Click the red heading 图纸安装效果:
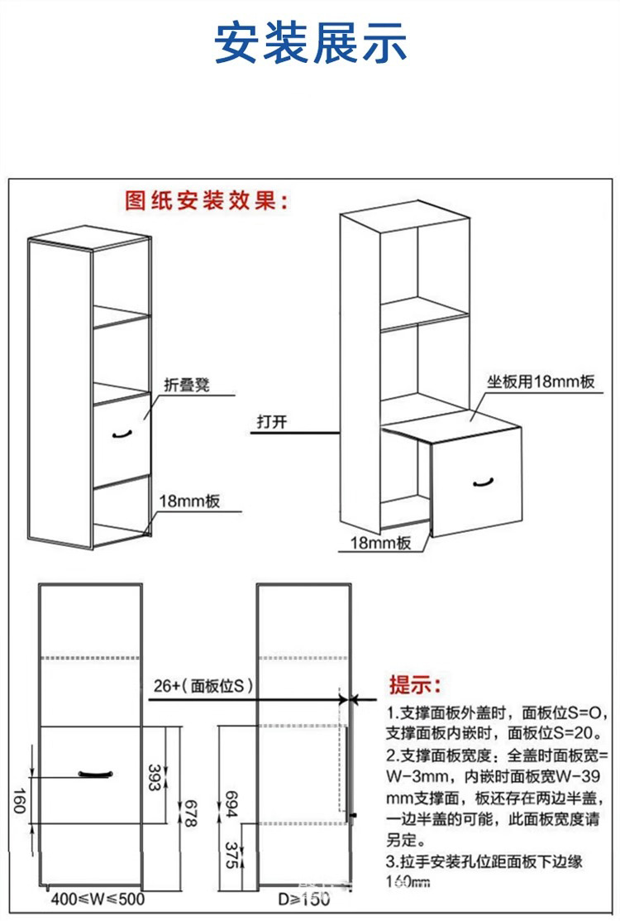(x=207, y=200)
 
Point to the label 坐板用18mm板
(x=541, y=382)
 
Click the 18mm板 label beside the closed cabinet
(x=189, y=501)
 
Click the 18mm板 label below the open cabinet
(x=381, y=543)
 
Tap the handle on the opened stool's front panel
(x=482, y=482)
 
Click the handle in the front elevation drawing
(x=94, y=774)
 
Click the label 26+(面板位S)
(x=203, y=686)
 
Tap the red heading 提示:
(x=415, y=685)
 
